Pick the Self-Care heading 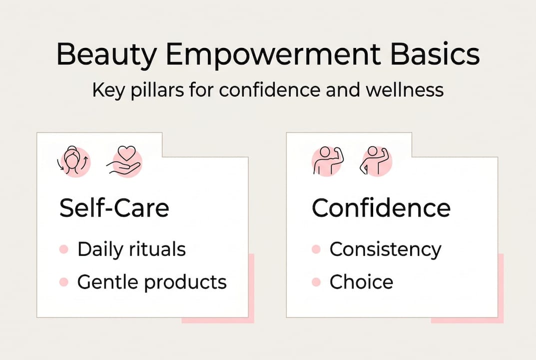click(114, 208)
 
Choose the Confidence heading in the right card click(381, 208)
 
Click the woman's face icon click(74, 161)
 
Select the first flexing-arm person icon click(326, 161)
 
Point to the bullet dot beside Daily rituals click(63, 249)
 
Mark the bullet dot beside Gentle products click(63, 282)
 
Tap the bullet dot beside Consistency click(316, 249)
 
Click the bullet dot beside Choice click(316, 282)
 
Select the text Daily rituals click(131, 249)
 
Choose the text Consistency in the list click(385, 249)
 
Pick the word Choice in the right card click(361, 282)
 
